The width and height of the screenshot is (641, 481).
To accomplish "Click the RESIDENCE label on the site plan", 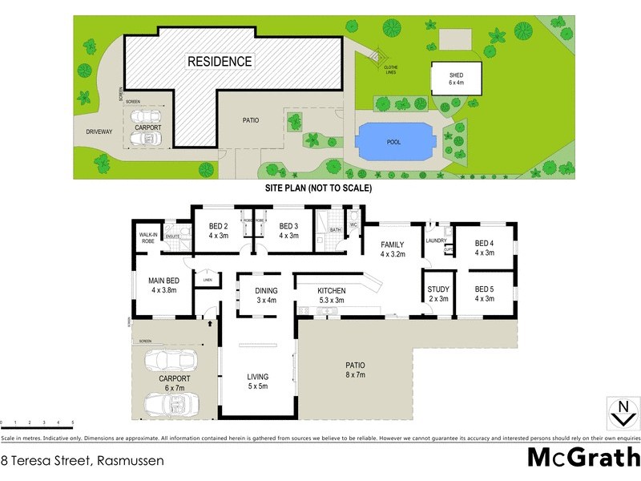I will pos(220,61).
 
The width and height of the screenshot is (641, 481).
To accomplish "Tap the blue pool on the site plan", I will pos(394,141).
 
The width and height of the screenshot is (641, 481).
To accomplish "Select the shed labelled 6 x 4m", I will pos(456,78).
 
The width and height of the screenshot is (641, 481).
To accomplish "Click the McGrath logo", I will pos(583,458).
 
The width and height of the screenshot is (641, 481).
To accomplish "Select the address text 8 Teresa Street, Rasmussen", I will pos(83,461).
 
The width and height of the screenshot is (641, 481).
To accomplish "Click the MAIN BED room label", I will pos(162,285).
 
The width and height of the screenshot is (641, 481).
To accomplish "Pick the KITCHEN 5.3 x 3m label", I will pos(332,295).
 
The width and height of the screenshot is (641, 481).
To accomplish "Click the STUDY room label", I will pos(438,294).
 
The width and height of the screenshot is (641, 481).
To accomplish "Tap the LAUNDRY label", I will pos(437,240).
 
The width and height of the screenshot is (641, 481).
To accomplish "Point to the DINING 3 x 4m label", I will pos(266,296).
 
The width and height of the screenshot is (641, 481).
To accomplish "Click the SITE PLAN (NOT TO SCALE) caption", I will pos(319,188).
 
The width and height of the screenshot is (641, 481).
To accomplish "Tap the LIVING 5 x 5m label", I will pos(258,382).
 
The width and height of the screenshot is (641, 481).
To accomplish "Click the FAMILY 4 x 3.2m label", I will pos(393,249).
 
